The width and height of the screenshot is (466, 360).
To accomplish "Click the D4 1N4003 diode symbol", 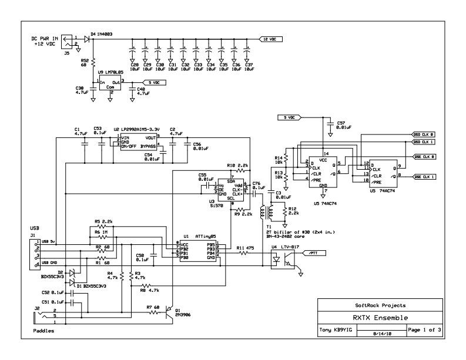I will [87, 39].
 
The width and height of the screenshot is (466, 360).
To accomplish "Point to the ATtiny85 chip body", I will [197, 249].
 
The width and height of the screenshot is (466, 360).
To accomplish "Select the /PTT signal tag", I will [312, 253].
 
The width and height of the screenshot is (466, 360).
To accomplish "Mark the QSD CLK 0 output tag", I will [424, 134].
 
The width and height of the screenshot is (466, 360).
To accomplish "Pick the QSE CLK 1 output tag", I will [424, 176].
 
